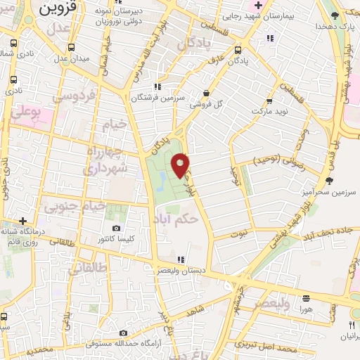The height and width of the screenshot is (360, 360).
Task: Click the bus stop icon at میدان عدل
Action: [70, 48]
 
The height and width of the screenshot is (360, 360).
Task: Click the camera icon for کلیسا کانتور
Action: [116, 228]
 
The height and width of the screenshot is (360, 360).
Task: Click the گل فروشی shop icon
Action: [206, 93]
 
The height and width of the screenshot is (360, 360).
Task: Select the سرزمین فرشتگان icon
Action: [157, 86]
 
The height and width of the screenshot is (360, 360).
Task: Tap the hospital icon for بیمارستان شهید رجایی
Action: [258, 6]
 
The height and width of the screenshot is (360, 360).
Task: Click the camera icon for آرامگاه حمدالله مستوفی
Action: [123, 333]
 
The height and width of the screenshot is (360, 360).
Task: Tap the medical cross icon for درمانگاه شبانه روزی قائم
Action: [22, 219]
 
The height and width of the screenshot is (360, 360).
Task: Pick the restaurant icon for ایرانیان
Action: [351, 325]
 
